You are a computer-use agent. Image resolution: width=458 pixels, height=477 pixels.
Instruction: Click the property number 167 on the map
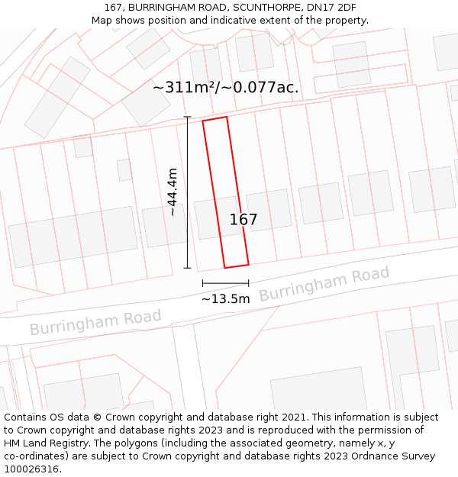coord(244,220)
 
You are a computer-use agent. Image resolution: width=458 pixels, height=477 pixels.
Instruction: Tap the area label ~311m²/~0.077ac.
coord(226,88)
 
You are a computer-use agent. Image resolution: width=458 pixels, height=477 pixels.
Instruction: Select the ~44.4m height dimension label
coord(173,192)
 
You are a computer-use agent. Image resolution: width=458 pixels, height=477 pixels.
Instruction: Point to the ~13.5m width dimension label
coord(225,298)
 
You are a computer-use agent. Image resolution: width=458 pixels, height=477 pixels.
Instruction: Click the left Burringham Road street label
coord(95,322)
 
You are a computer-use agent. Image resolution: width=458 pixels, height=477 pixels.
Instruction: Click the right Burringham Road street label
coord(324,284)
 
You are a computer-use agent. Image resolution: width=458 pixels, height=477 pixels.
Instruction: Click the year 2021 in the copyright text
coord(295,417)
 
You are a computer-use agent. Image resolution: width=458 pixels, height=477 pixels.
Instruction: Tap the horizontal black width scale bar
coord(225,283)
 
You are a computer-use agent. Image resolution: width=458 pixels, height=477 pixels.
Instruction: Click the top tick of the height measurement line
coord(188,117)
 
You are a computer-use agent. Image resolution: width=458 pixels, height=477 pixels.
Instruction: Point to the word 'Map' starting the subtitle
coord(102,21)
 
